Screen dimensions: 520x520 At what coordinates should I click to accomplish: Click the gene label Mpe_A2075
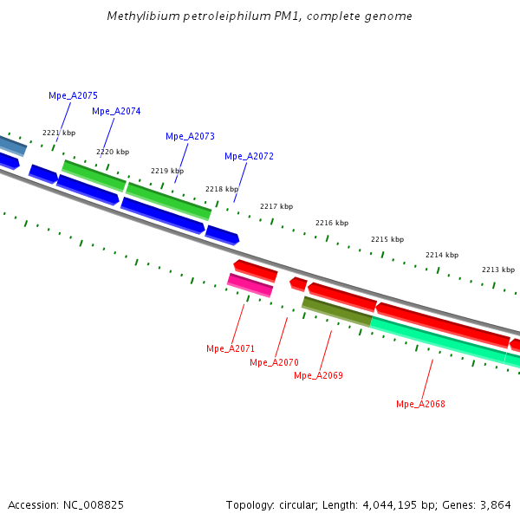tap(73, 95)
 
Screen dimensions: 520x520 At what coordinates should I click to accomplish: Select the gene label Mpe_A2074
tap(116, 111)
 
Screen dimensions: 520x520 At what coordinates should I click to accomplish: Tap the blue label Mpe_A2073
tap(190, 136)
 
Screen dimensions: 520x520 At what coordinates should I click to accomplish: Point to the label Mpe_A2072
tap(249, 156)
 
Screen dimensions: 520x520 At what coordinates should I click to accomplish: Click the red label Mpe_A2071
tap(231, 348)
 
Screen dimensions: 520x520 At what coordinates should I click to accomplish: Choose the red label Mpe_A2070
tap(274, 362)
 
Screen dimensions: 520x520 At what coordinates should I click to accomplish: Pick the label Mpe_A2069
tap(318, 375)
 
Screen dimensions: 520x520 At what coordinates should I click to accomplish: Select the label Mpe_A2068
tap(420, 404)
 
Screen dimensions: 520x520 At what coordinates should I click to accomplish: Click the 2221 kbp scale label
tap(59, 133)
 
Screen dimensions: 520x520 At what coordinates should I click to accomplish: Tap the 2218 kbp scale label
tap(221, 189)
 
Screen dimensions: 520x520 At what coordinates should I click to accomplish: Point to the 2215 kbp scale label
tap(387, 239)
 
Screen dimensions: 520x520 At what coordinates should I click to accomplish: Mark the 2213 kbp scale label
tap(497, 270)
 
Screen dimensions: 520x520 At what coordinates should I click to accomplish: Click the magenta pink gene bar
tap(250, 284)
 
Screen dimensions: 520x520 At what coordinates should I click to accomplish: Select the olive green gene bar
tap(336, 311)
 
